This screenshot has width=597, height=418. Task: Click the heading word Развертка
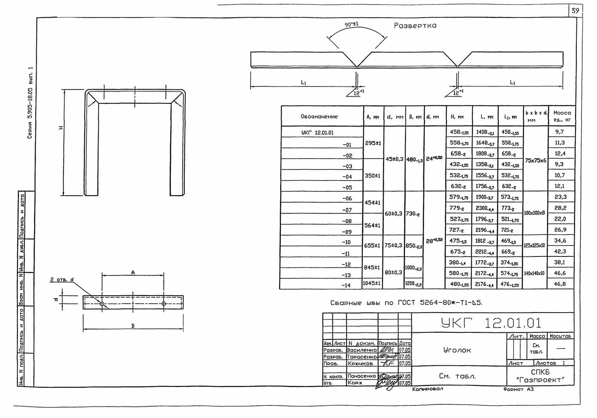pos(415,26)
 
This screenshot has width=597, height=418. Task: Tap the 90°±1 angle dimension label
pos(351,24)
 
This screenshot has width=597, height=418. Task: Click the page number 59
pos(575,11)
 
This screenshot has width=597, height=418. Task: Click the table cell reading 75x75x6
pos(535,160)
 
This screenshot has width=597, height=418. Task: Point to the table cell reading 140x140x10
pos(534,273)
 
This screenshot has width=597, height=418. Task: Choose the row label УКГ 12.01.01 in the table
pos(317,132)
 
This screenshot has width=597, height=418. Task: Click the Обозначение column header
pos(319,116)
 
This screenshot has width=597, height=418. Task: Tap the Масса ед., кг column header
pos(562,116)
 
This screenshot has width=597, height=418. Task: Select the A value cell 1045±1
pos(372,283)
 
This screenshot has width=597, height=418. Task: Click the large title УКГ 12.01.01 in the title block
pos(491,323)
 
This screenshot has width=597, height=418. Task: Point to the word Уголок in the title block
pos(457,350)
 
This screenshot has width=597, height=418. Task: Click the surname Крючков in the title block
pos(360,363)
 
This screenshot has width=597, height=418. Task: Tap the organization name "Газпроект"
pos(540,380)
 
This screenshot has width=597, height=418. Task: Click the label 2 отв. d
pos(62,280)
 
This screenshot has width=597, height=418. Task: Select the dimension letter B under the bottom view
pos(133,326)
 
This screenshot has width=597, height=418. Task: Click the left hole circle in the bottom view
pos(102,303)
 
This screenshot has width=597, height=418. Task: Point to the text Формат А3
pos(518,389)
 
